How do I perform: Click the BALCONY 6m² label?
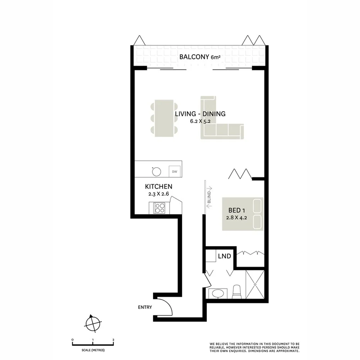coord(199,58)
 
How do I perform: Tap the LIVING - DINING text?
coord(200,114)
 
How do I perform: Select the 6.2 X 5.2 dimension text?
coord(200,121)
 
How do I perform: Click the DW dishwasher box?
coord(175,171)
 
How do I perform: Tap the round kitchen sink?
coord(156,171)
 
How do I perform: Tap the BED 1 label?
coord(238,211)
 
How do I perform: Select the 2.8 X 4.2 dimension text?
coord(238,217)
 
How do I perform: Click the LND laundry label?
coord(224,256)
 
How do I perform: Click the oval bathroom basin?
coord(218,294)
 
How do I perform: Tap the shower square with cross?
coord(255,284)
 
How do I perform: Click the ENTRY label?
coord(145,307)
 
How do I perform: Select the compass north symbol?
coord(93,323)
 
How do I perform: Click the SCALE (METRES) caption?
coord(93,350)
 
